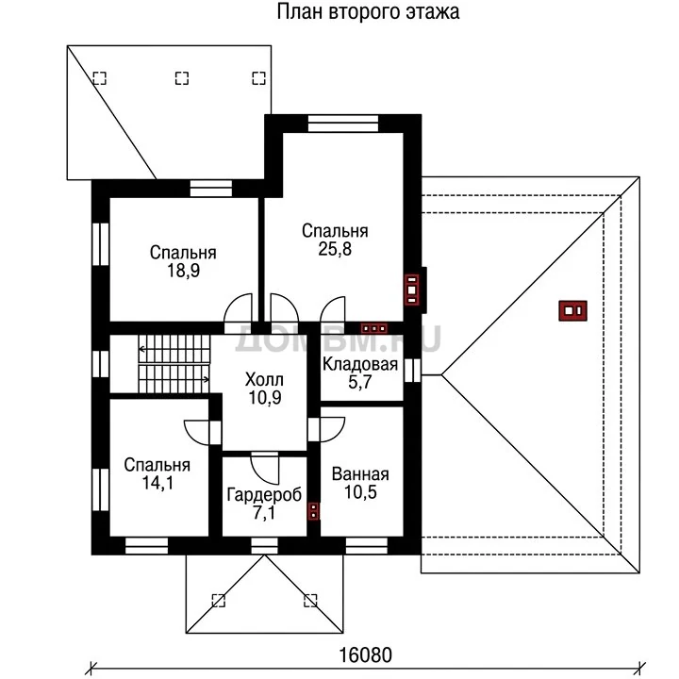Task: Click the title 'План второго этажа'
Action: (x=368, y=11)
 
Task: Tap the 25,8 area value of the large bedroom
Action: (x=335, y=249)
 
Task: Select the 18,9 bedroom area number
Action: (x=183, y=271)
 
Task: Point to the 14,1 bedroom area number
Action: (x=157, y=483)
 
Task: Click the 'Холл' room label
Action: (x=264, y=380)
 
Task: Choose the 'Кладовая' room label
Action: (x=360, y=365)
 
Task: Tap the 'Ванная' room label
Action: (x=360, y=474)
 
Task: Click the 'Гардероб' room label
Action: (x=264, y=495)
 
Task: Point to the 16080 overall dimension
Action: (x=365, y=655)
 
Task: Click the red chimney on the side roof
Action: (x=572, y=310)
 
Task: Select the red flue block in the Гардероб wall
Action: (x=313, y=511)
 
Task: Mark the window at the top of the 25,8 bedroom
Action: (x=343, y=123)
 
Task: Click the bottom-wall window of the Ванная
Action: (x=366, y=546)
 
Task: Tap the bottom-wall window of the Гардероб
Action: (x=264, y=546)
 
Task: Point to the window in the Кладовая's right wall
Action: (x=412, y=371)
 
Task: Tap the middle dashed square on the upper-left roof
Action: (x=182, y=78)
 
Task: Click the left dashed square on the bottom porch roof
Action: (x=219, y=601)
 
